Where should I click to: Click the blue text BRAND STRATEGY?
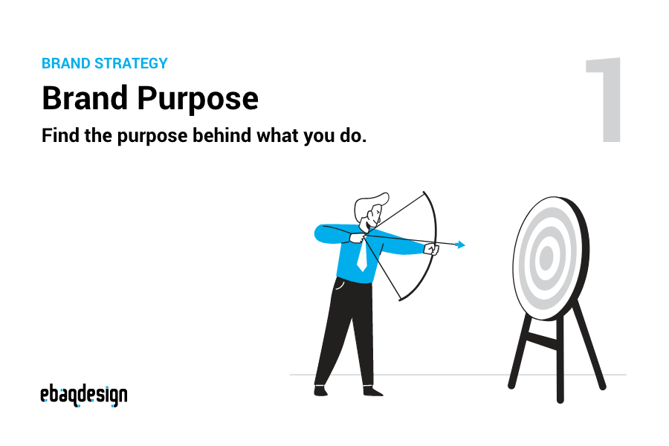pos(105,63)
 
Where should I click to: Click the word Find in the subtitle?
pos(59,138)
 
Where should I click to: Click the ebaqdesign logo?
pos(83,395)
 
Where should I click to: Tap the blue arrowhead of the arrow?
pos(461,245)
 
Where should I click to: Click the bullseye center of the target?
pos(546,258)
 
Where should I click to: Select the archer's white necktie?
pos(361,256)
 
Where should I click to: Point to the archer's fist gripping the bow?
pos(431,249)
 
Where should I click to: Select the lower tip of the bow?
pos(400,300)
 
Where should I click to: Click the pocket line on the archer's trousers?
pos(340,285)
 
